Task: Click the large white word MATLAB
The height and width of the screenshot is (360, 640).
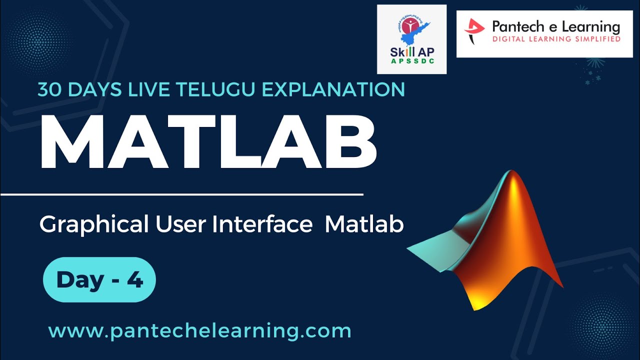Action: (x=208, y=143)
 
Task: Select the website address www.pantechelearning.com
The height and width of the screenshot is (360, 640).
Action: (x=199, y=331)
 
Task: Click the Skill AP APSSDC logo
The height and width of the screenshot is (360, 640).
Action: (x=411, y=39)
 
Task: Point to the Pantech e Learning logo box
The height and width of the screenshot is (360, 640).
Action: (x=544, y=34)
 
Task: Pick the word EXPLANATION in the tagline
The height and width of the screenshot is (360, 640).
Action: (x=336, y=89)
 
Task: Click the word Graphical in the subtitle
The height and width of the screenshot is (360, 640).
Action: (x=94, y=225)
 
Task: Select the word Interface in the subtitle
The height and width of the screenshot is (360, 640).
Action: (x=262, y=224)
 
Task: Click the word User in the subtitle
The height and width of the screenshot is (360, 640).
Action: (x=180, y=224)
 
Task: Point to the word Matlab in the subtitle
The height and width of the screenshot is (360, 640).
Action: (x=364, y=224)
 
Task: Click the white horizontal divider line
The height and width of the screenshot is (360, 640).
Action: (x=181, y=193)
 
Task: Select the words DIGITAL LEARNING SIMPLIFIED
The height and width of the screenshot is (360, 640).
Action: (x=556, y=38)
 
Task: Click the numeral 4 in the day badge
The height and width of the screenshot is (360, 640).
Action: (x=135, y=280)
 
